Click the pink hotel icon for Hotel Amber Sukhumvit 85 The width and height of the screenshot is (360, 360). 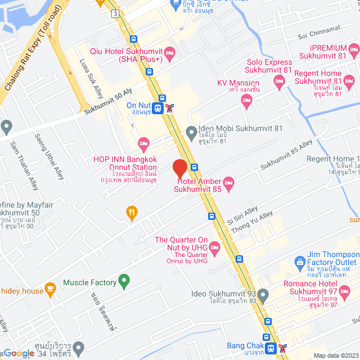click(x=228, y=182)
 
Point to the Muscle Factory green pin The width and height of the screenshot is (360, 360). click(x=125, y=282)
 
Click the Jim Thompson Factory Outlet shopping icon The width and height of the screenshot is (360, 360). click(x=300, y=262)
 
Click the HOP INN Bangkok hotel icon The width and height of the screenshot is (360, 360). click(x=143, y=142)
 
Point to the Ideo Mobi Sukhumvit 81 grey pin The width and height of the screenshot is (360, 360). click(x=191, y=133)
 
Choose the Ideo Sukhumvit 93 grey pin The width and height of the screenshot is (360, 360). click(x=262, y=294)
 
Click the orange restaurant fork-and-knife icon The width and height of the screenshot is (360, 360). click(x=132, y=212)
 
